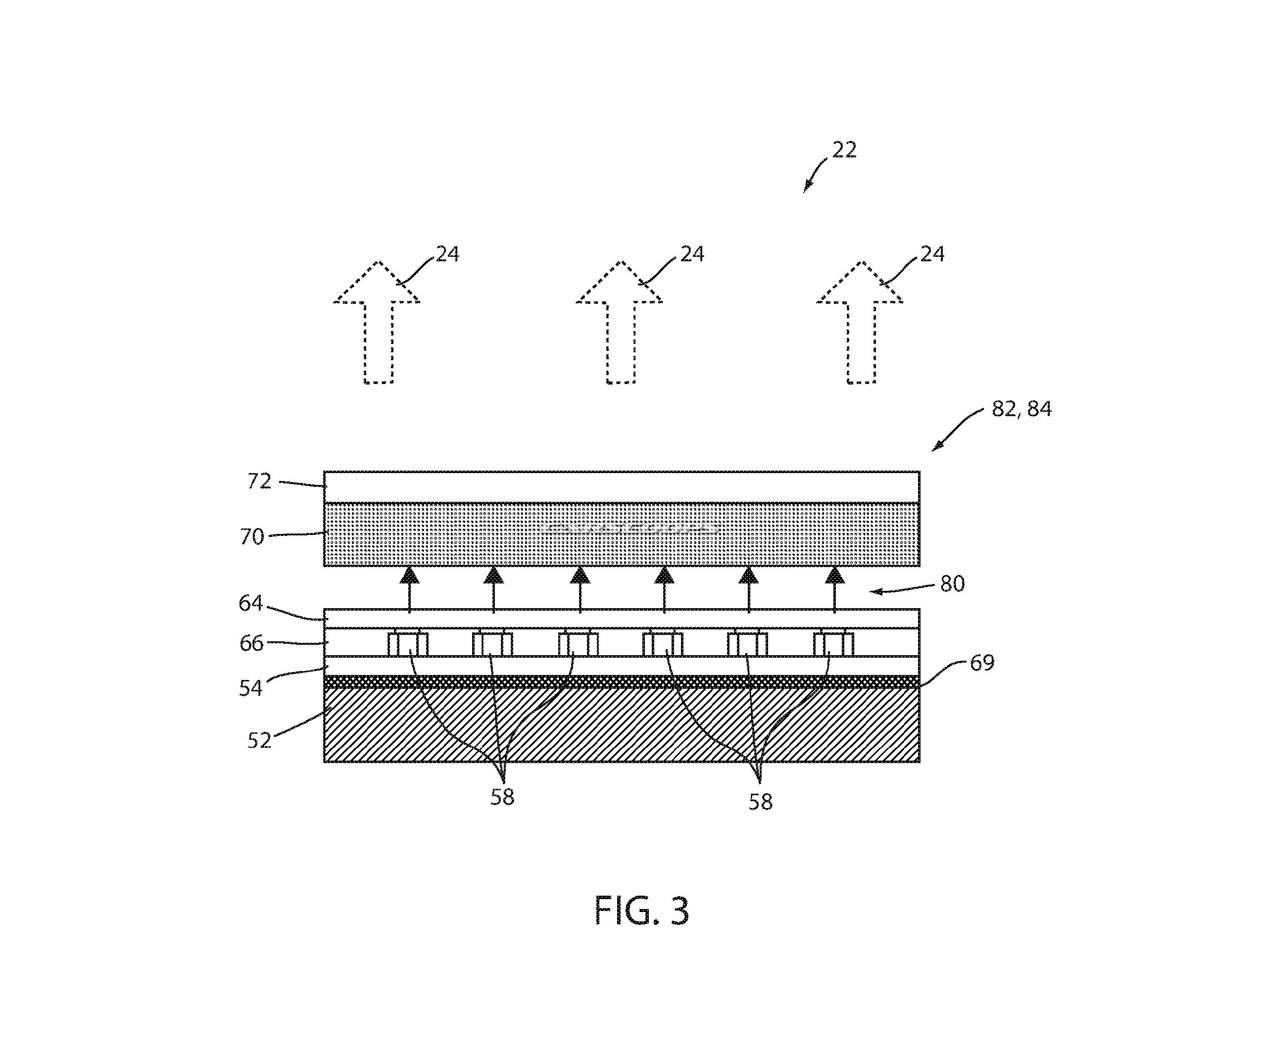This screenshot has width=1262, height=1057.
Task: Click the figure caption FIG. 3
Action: [x=641, y=911]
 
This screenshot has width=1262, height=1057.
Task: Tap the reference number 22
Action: [x=844, y=149]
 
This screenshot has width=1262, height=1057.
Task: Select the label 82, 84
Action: [x=1021, y=409]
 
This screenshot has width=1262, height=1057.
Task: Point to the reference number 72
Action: [x=260, y=481]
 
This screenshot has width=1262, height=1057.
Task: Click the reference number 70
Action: [x=252, y=536]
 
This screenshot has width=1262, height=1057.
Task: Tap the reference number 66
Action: [x=251, y=643]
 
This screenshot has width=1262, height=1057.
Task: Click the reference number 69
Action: [x=982, y=663]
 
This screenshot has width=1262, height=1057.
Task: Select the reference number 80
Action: [x=953, y=584]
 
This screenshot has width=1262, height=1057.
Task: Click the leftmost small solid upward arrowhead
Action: [x=409, y=576]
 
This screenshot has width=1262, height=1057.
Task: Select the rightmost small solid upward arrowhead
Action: [x=835, y=576]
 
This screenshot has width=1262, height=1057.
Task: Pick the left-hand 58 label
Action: [x=502, y=797]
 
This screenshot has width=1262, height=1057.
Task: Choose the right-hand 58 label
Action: [x=760, y=802]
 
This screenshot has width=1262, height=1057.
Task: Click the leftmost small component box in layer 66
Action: [x=408, y=644]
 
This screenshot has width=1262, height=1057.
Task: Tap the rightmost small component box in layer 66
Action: [x=833, y=644]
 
